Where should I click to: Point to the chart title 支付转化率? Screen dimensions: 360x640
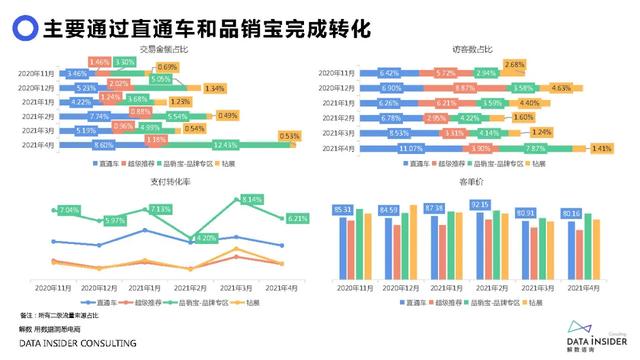click(x=161, y=181)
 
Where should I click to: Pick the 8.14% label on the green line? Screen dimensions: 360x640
click(x=250, y=201)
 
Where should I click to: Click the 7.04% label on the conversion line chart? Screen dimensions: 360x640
click(x=68, y=210)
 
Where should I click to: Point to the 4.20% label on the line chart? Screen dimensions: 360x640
click(x=205, y=238)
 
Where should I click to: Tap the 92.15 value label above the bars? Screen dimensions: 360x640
click(x=482, y=205)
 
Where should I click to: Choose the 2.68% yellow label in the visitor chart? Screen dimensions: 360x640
click(x=514, y=64)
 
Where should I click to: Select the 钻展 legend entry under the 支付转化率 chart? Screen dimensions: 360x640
click(x=249, y=301)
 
